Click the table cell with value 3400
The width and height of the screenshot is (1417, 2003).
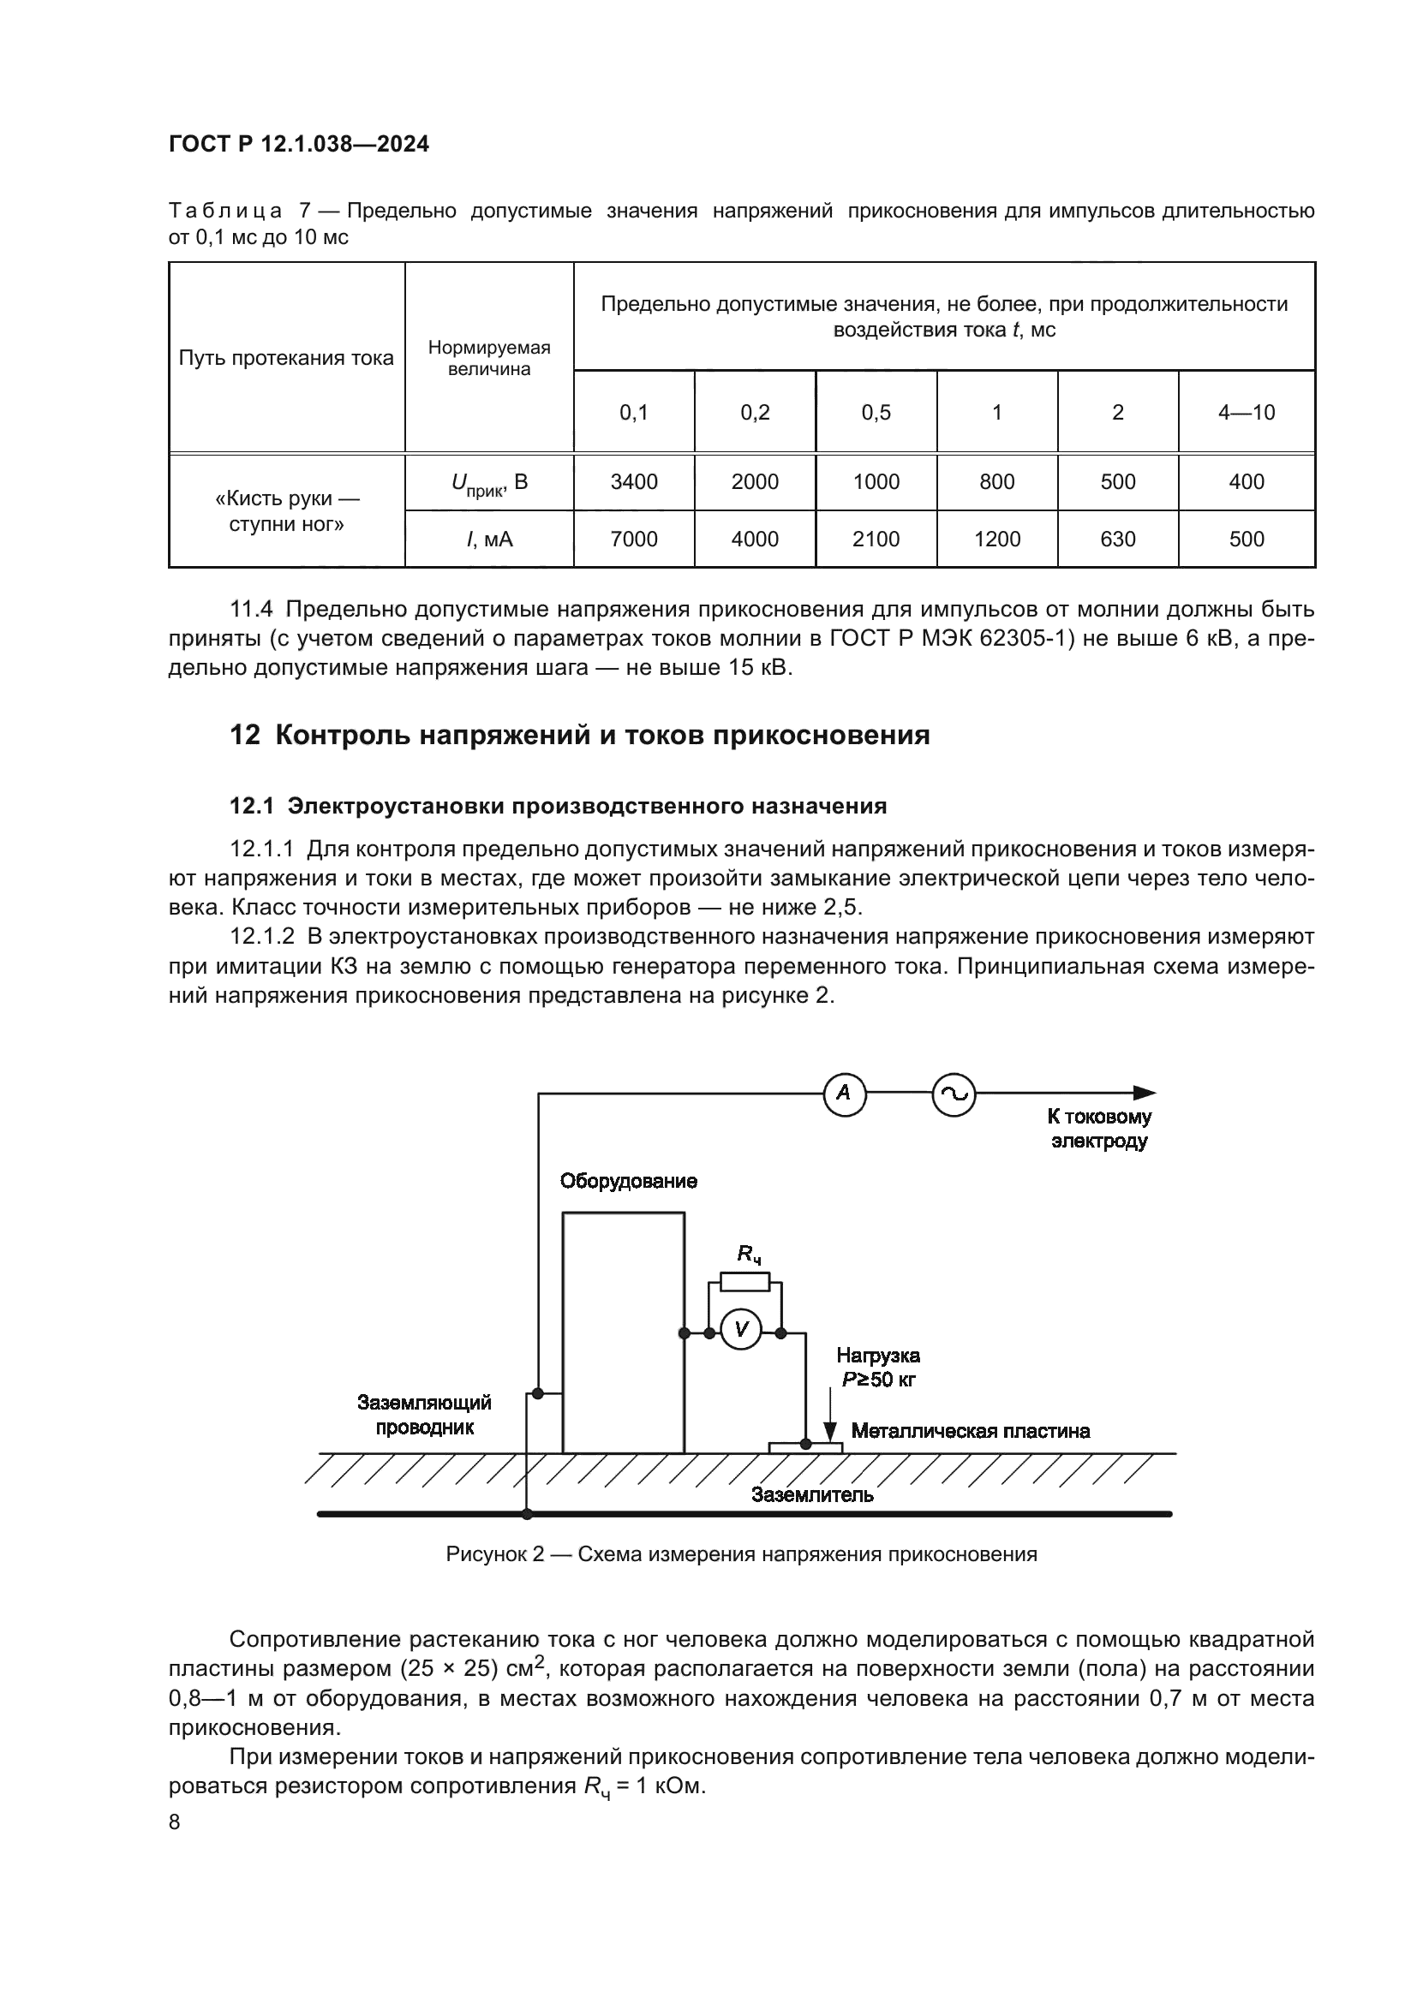pyautogui.click(x=633, y=481)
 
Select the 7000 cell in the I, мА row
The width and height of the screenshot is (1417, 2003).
pyautogui.click(x=633, y=539)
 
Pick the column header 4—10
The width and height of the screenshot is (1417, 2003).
pyautogui.click(x=1246, y=413)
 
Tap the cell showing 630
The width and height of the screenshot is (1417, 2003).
pyautogui.click(x=1118, y=539)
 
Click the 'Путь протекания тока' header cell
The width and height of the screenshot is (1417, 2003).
pyautogui.click(x=286, y=358)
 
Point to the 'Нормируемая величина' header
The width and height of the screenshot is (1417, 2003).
pyautogui.click(x=488, y=358)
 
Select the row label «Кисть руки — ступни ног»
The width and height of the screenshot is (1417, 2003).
pyautogui.click(x=286, y=511)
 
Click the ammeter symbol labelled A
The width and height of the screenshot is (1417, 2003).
pyautogui.click(x=844, y=1093)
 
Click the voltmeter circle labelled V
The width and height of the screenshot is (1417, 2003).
pyautogui.click(x=742, y=1330)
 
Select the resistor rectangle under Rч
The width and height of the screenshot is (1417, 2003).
pyautogui.click(x=744, y=1282)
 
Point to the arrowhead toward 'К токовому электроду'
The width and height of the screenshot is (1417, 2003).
pyautogui.click(x=1145, y=1093)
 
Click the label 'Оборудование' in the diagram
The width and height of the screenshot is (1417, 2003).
pyautogui.click(x=628, y=1181)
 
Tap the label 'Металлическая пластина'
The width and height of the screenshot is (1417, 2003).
pyautogui.click(x=971, y=1432)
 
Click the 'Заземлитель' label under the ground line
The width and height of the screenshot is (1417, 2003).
pyautogui.click(x=811, y=1495)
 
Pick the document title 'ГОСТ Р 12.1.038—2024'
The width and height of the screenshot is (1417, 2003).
pyautogui.click(x=298, y=145)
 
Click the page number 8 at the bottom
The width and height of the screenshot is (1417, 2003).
pyautogui.click(x=175, y=1822)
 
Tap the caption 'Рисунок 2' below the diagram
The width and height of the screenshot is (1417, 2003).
pyautogui.click(x=493, y=1554)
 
